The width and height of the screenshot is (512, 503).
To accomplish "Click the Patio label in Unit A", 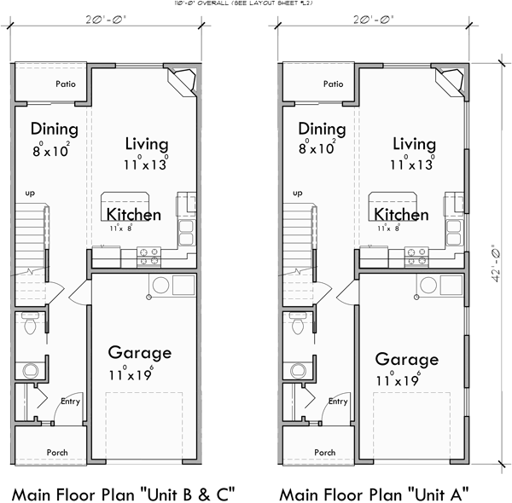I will (x=334, y=84).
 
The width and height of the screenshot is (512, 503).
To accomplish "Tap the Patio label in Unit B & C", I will (x=67, y=84).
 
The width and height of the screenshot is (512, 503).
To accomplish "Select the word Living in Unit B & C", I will (x=147, y=143).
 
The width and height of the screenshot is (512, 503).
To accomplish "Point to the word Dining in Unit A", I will (x=322, y=130).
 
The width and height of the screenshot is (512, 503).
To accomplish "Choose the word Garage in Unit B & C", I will (x=140, y=352).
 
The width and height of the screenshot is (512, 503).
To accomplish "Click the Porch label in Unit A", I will (x=324, y=452).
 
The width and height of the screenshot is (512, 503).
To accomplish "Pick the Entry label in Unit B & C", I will (x=69, y=402).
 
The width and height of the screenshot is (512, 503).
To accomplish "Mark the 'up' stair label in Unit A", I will (x=298, y=194).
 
